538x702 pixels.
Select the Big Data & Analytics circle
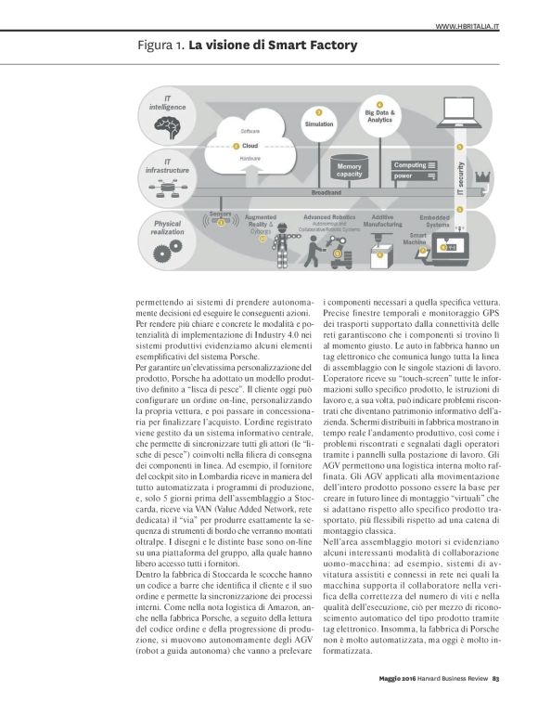coord(379,116)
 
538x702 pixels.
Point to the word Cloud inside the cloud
coord(250,146)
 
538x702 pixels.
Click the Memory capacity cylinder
coord(349,170)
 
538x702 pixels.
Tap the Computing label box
coord(416,165)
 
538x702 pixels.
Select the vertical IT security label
coord(461,175)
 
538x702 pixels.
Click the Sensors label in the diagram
coord(220,214)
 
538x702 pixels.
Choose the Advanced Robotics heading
coord(324,216)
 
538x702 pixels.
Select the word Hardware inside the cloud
coord(250,160)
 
